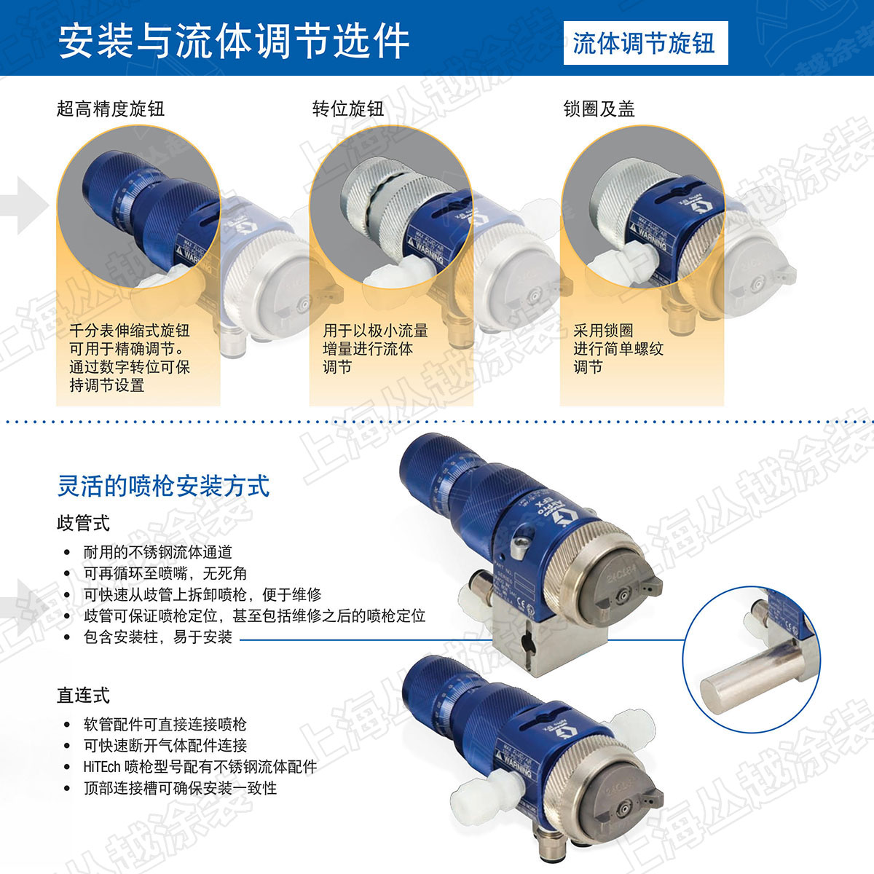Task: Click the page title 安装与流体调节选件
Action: pyautogui.click(x=234, y=42)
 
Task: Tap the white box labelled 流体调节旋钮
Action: pyautogui.click(x=646, y=43)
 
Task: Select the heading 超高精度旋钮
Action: pyautogui.click(x=110, y=109)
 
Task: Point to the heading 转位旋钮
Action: pyautogui.click(x=348, y=109)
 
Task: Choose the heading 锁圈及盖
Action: pyautogui.click(x=599, y=109)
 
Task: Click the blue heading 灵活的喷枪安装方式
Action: pyautogui.click(x=164, y=486)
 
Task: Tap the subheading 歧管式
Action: pyautogui.click(x=84, y=523)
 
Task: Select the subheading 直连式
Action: pyautogui.click(x=84, y=696)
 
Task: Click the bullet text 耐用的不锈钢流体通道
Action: pyautogui.click(x=158, y=552)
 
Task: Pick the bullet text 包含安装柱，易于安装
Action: pyautogui.click(x=158, y=637)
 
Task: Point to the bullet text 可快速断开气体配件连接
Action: pyautogui.click(x=165, y=745)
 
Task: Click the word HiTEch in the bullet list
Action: pyautogui.click(x=102, y=767)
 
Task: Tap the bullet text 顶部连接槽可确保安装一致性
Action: pyautogui.click(x=180, y=788)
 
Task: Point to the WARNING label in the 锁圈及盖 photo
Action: pyautogui.click(x=650, y=237)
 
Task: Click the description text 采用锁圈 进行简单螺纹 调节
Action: pyautogui.click(x=618, y=349)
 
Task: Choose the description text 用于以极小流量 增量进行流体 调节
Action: pyautogui.click(x=376, y=349)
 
